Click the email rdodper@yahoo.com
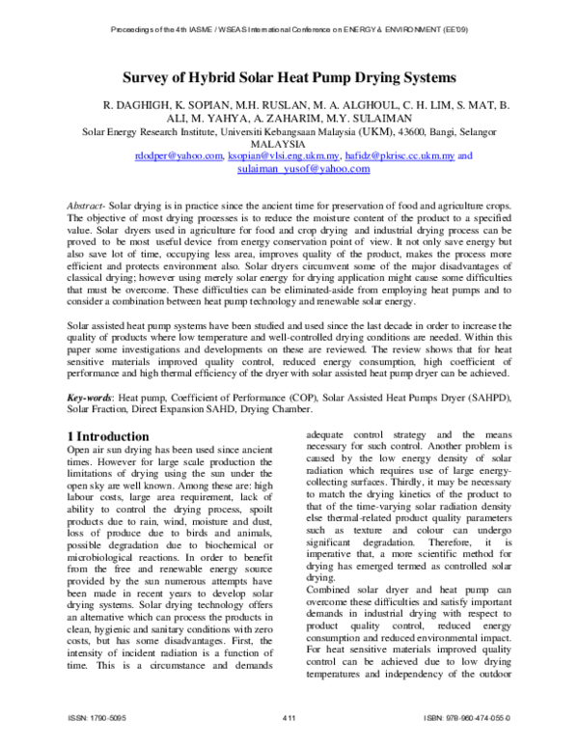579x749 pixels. (178, 156)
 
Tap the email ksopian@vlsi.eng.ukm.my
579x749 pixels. (283, 156)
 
